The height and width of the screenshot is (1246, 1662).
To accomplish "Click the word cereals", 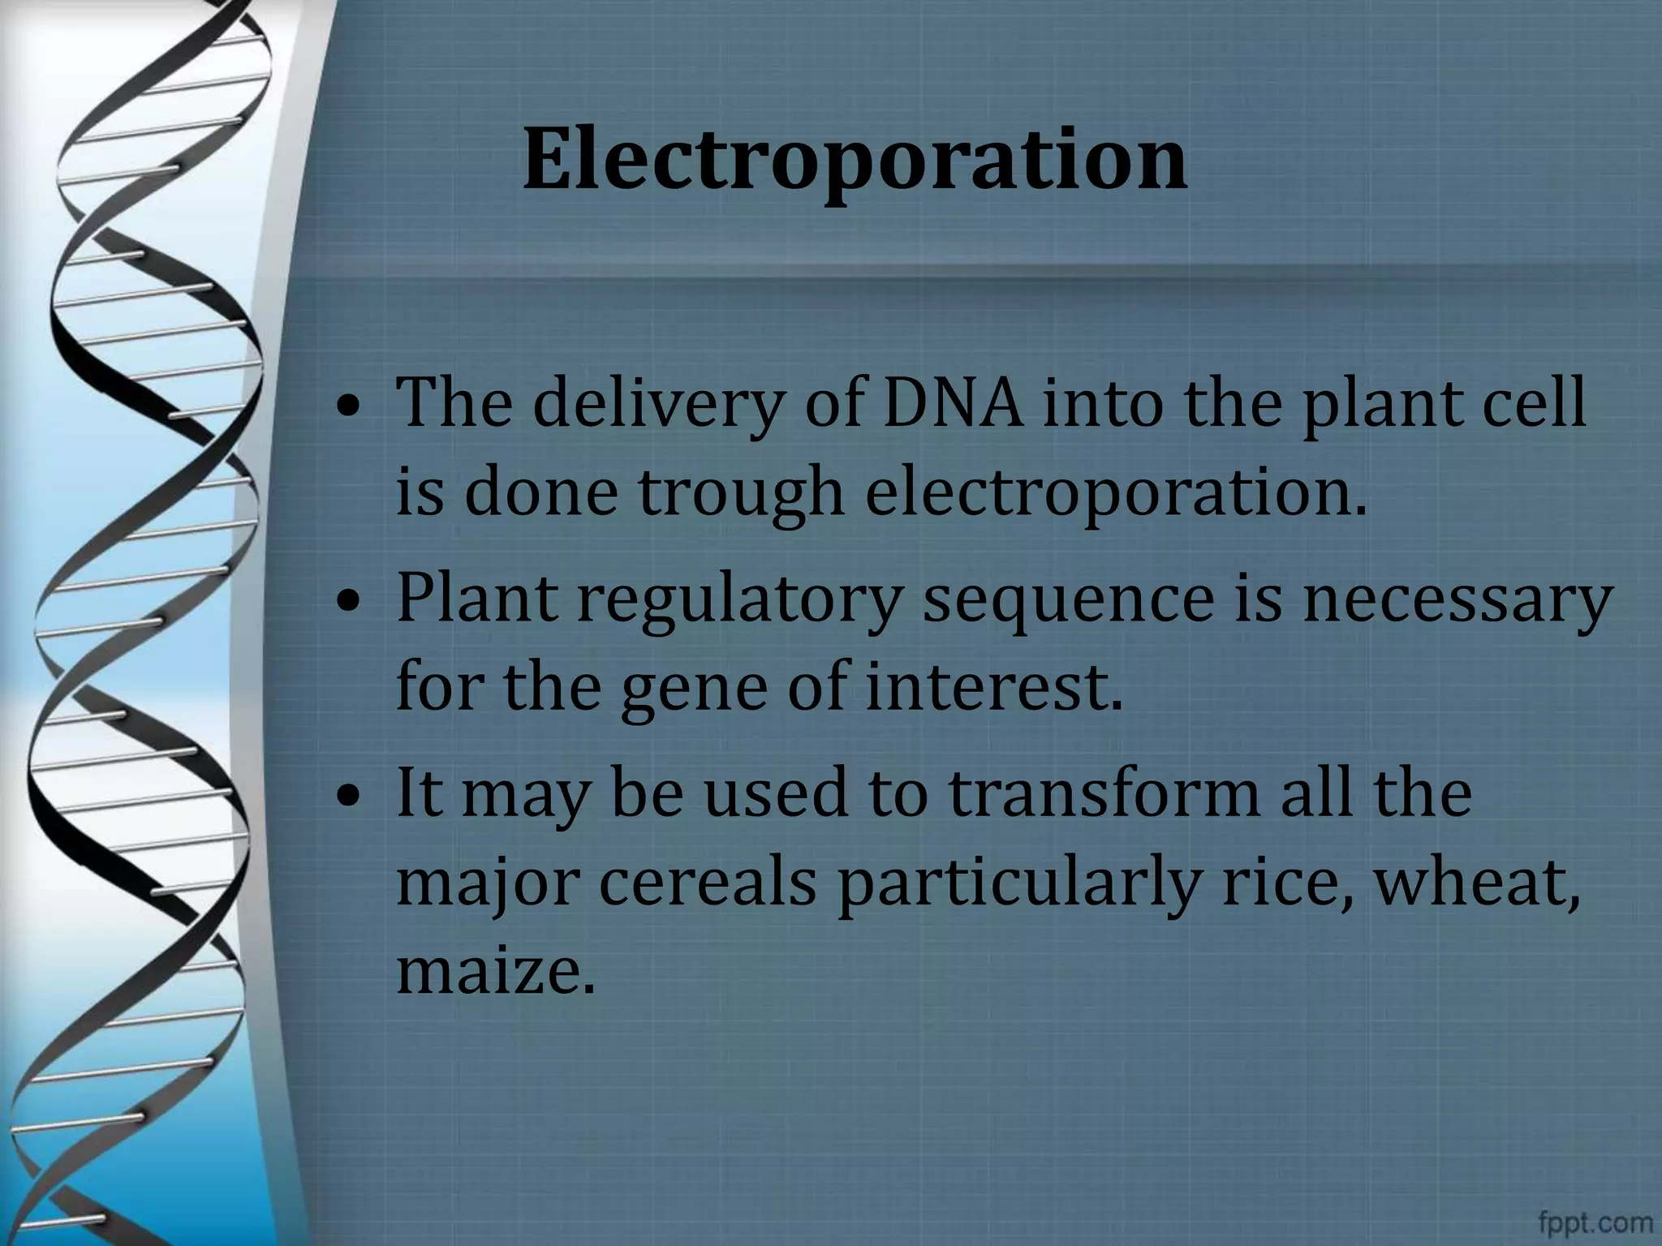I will (707, 883).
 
